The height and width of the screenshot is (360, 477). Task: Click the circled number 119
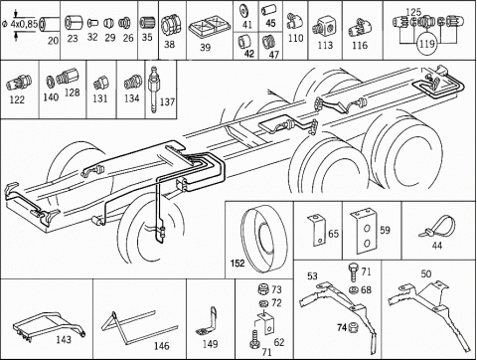426,44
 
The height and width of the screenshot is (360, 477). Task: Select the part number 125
413,12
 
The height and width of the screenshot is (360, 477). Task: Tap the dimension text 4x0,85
24,24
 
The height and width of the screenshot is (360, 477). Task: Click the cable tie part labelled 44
438,226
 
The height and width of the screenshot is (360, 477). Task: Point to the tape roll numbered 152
263,238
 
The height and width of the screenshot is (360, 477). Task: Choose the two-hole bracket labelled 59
364,231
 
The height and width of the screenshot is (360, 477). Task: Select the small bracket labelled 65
316,230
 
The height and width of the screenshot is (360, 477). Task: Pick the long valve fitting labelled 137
153,89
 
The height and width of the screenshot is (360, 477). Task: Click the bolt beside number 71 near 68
353,273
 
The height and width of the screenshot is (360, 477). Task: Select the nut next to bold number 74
353,327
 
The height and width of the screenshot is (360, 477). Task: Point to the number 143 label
64,340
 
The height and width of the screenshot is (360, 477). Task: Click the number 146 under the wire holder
162,346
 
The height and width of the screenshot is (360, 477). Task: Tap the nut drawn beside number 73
263,288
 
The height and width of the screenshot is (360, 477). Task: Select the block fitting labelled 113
324,28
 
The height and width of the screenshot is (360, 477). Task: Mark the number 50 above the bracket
426,273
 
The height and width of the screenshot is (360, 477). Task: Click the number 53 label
312,275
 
